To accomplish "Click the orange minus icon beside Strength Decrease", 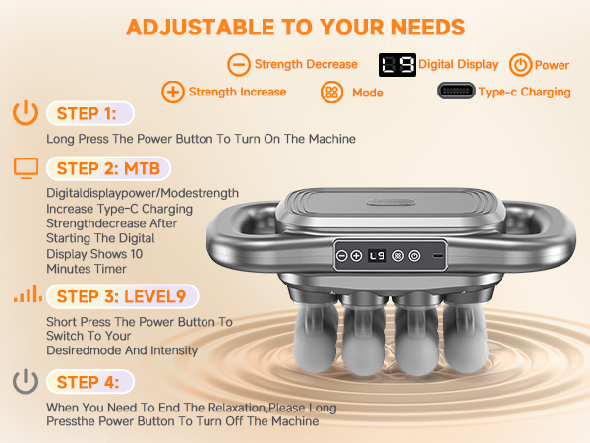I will [238, 65].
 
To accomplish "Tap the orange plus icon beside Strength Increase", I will [173, 92].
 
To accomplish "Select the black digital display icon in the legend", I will [396, 65].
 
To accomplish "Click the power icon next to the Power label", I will [519, 65].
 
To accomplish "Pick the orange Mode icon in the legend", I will [331, 92].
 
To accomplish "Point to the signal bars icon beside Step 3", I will [26, 295].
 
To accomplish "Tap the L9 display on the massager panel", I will [378, 255].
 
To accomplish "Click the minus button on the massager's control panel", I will [341, 255].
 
